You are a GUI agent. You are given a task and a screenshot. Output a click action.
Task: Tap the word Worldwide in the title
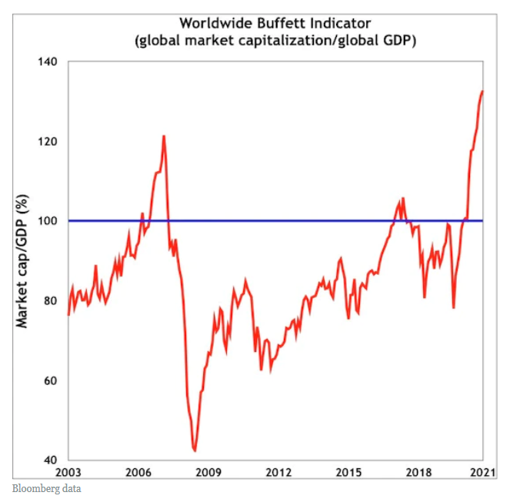(x=212, y=23)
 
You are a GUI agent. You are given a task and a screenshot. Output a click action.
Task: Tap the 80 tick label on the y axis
(x=51, y=301)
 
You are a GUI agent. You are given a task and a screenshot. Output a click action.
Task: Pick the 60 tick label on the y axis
(x=51, y=381)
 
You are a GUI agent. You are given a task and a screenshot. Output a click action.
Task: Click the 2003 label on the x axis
(x=68, y=472)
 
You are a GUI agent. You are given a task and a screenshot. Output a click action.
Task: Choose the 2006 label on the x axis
(x=138, y=472)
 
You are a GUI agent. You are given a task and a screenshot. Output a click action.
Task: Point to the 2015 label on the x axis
(x=348, y=472)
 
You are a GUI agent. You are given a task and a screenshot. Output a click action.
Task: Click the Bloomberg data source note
(x=47, y=488)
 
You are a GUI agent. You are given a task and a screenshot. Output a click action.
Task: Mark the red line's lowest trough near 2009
(x=195, y=450)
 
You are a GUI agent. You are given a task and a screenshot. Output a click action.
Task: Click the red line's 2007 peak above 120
(x=164, y=136)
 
